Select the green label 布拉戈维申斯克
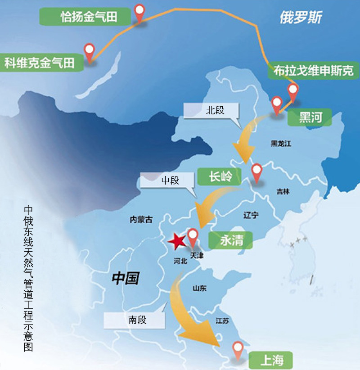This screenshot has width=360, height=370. coord(314,71)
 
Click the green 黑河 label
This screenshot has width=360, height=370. coord(311,118)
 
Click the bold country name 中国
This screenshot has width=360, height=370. coord(126,278)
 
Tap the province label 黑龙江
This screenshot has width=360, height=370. coord(281,144)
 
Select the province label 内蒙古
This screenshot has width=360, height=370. coord(141,220)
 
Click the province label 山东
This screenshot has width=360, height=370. coord(199,289)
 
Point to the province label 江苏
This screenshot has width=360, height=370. coord(222,321)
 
